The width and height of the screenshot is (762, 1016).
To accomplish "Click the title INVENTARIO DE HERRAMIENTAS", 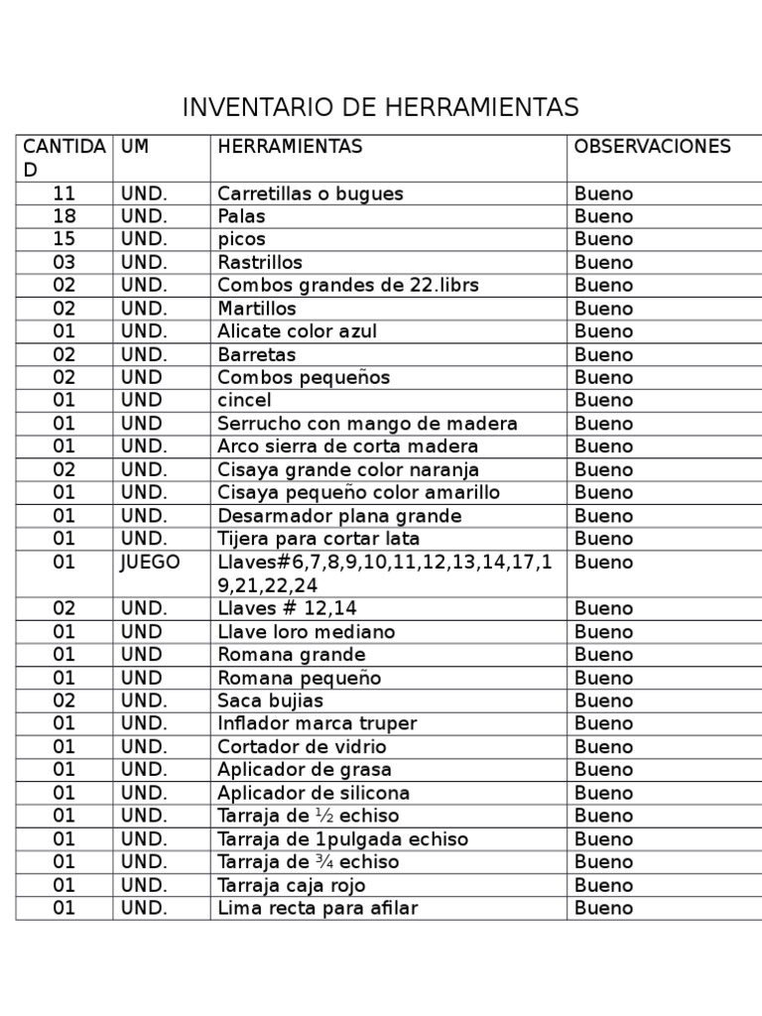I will click(x=380, y=107).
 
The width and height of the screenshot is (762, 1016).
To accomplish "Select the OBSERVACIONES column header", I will click(x=652, y=147).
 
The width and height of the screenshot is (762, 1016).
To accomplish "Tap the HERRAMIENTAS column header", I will click(x=290, y=147).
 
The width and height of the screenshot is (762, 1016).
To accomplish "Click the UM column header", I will click(x=135, y=147).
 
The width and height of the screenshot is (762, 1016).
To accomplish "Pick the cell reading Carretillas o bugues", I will click(x=311, y=193).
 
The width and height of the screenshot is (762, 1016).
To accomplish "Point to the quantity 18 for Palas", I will click(x=64, y=216).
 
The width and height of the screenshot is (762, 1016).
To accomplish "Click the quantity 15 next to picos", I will click(x=64, y=239).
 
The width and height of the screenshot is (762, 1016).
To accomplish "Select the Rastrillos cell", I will click(x=260, y=263).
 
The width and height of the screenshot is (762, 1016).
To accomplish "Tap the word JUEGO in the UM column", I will click(x=151, y=563).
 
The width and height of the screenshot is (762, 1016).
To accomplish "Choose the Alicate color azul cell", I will click(x=297, y=331).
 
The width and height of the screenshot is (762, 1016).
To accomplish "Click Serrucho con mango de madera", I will click(x=367, y=424).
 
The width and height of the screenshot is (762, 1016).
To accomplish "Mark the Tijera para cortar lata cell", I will click(x=318, y=539).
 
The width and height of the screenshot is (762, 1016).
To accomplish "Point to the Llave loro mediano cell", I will click(x=306, y=632).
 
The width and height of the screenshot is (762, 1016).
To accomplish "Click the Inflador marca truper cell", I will click(x=317, y=723).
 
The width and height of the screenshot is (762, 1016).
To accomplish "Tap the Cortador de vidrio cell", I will click(x=302, y=747).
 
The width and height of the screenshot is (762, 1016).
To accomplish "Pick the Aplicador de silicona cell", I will click(x=314, y=793).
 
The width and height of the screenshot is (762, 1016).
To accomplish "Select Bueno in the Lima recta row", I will click(x=603, y=908).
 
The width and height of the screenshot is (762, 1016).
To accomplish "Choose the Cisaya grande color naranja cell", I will click(x=348, y=469).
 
